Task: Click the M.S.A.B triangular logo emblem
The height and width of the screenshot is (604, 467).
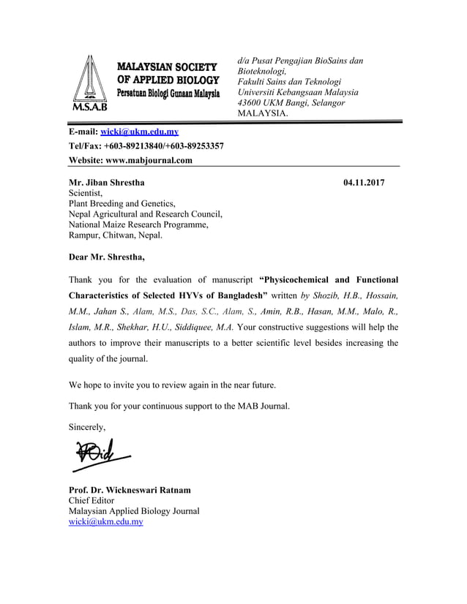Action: (88, 82)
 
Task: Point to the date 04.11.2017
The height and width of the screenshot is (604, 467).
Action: (364, 182)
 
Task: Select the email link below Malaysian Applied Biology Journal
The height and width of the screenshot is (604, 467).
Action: (105, 522)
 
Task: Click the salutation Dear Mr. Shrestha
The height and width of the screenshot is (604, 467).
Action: (106, 257)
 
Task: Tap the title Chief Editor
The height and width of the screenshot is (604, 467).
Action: (91, 500)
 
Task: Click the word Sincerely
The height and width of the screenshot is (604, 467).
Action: (86, 426)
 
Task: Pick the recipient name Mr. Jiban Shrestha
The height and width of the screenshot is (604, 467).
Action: (106, 182)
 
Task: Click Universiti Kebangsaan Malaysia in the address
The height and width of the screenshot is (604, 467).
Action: (298, 92)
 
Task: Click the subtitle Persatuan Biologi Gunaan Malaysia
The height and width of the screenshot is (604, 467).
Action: (168, 94)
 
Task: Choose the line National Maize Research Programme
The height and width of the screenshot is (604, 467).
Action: (138, 225)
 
